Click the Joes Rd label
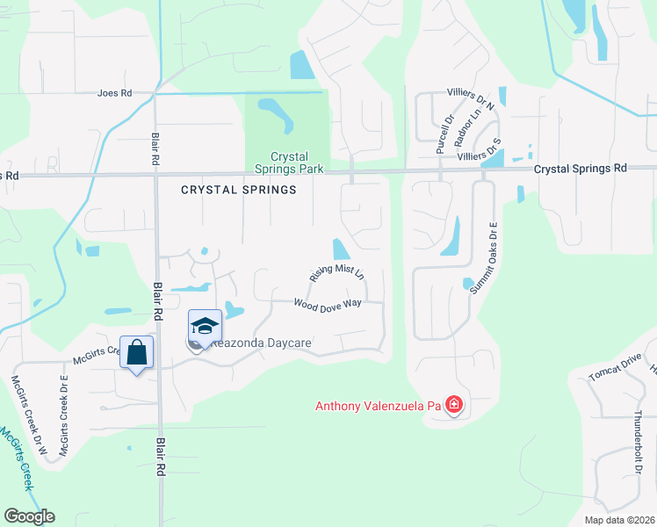[114, 92]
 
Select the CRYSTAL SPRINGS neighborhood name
[239, 189]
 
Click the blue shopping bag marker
[136, 353]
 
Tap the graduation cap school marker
[205, 326]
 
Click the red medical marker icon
[454, 405]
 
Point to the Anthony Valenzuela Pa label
[379, 406]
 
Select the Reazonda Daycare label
[261, 343]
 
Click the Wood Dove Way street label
[328, 303]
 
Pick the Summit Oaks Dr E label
[482, 257]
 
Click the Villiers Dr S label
[479, 149]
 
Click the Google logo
[29, 516]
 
